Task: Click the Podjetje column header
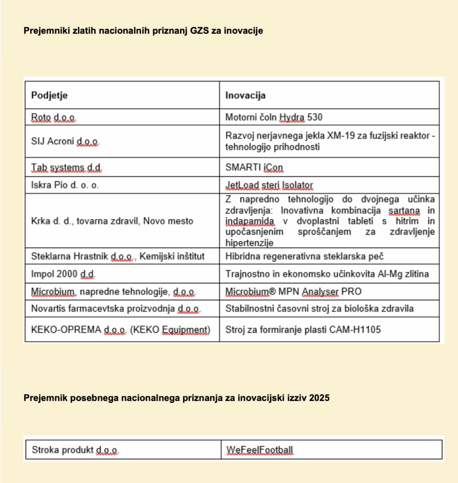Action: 49,95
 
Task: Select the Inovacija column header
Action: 245,95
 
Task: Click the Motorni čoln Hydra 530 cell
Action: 274,117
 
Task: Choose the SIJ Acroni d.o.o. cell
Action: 65,141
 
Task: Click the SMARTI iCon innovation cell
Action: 254,167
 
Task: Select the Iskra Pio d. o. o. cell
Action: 65,185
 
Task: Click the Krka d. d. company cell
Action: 112,221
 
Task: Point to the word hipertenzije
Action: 250,243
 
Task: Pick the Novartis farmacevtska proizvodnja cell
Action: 116,309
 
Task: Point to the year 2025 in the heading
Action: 319,398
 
